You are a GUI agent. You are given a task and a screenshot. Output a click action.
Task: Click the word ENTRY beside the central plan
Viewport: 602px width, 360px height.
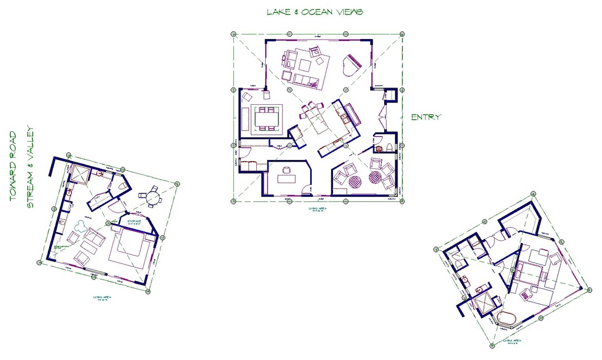(426, 117)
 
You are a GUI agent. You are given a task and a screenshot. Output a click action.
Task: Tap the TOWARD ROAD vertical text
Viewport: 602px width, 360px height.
(13, 166)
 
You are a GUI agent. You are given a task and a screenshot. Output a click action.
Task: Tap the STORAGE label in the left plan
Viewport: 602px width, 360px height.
(135, 221)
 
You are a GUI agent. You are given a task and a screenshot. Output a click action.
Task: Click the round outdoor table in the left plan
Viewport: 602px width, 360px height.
(153, 198)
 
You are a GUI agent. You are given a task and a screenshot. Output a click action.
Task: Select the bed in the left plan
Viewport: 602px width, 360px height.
(131, 249)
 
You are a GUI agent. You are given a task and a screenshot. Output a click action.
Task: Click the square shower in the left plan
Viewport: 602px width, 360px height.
(79, 175)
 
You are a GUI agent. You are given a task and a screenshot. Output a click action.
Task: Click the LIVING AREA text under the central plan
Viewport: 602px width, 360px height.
(317, 209)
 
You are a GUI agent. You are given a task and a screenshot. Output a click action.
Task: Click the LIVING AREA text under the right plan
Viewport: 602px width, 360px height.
(512, 340)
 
